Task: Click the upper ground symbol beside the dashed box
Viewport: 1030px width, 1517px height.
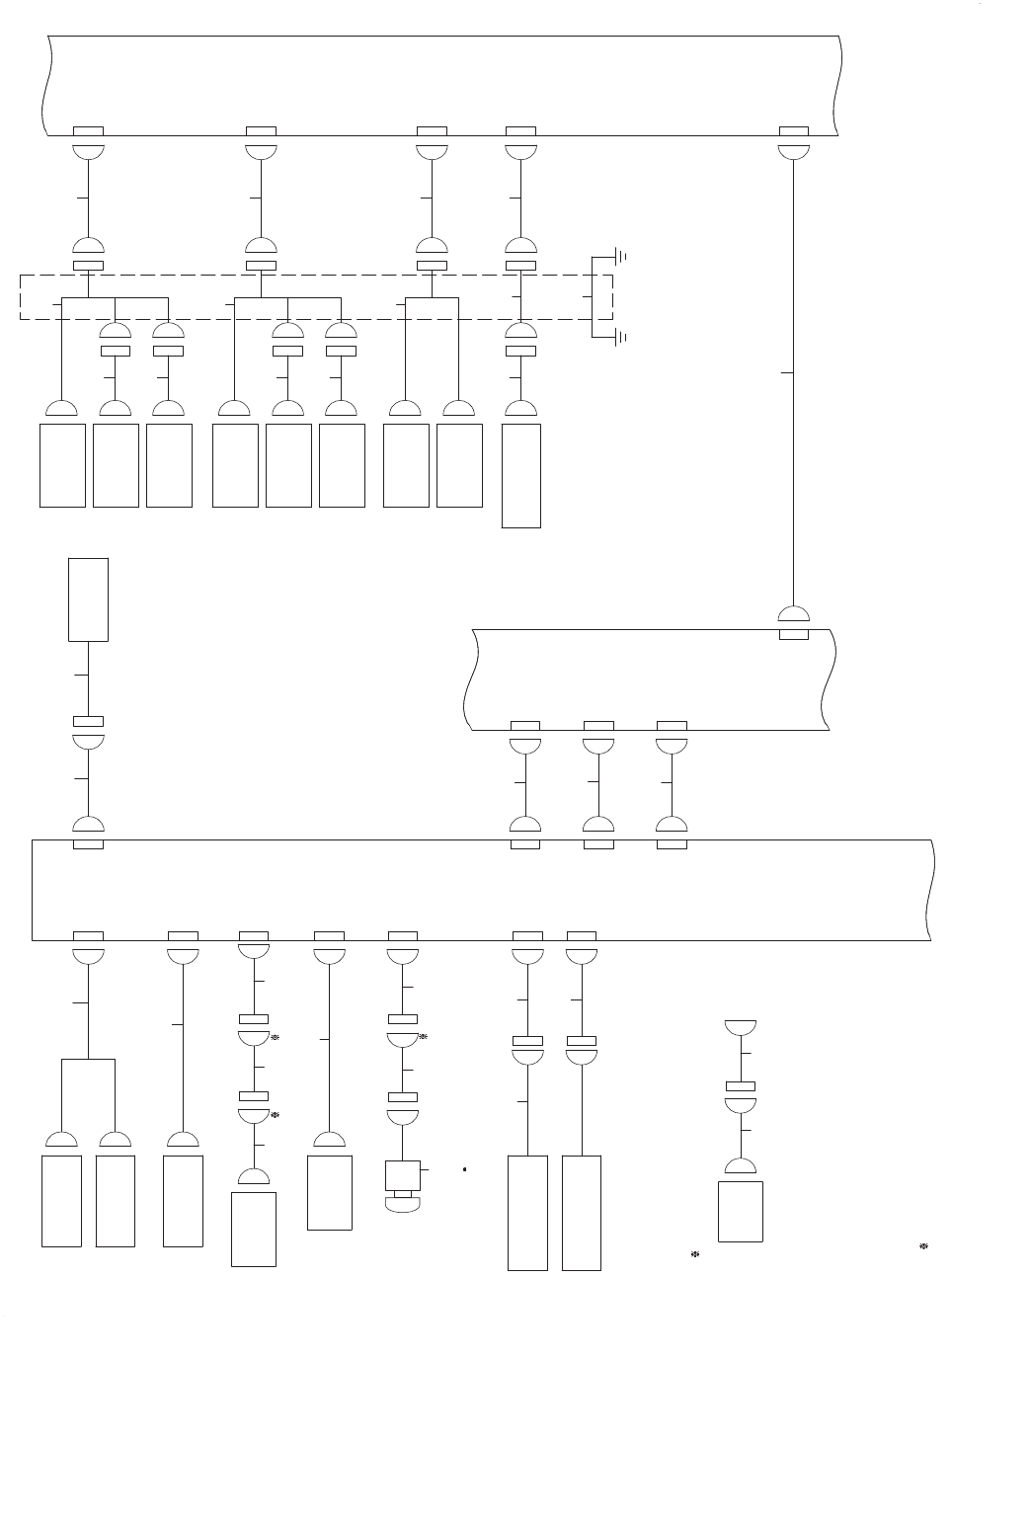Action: click(x=621, y=257)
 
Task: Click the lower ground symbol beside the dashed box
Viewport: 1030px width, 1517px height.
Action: click(x=621, y=338)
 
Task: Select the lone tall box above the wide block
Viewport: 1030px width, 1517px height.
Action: click(x=88, y=599)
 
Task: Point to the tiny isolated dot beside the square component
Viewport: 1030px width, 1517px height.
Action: click(x=464, y=1170)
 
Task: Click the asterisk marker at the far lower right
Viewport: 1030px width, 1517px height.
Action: click(x=923, y=1246)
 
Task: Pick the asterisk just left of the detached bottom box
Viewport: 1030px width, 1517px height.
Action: click(x=694, y=1254)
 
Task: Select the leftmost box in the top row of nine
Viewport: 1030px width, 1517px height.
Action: click(x=62, y=465)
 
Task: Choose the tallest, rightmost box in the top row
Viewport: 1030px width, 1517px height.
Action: click(x=521, y=476)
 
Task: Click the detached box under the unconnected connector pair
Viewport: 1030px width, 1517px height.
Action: click(x=741, y=1211)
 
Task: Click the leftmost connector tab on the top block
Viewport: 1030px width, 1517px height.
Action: click(x=89, y=131)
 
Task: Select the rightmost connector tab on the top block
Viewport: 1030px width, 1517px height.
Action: click(x=794, y=131)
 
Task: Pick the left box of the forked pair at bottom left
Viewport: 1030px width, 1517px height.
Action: click(x=61, y=1201)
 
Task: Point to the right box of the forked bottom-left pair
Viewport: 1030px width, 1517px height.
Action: click(x=116, y=1201)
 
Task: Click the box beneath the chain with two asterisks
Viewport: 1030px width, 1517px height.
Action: click(x=254, y=1229)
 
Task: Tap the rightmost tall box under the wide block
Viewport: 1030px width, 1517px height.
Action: click(x=582, y=1213)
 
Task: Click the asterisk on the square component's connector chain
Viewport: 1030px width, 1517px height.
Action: click(x=423, y=1037)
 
